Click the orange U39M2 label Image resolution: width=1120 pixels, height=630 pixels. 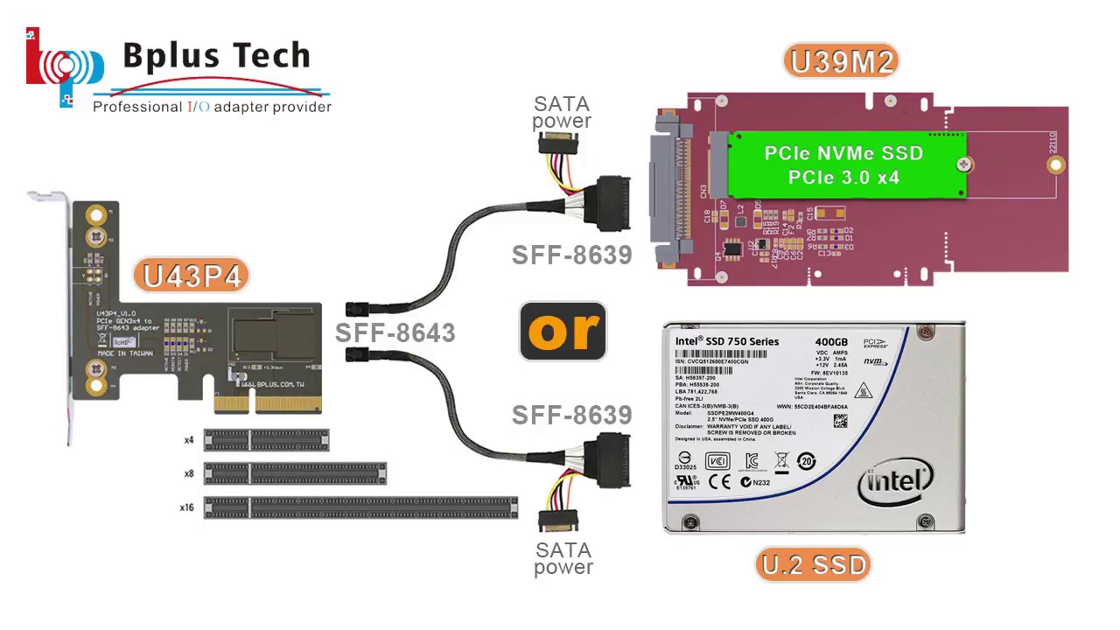841,61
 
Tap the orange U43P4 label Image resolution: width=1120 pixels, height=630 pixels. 192,276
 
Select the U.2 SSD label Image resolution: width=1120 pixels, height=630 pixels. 814,564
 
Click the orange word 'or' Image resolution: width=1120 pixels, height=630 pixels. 563,331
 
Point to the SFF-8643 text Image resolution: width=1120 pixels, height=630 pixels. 395,333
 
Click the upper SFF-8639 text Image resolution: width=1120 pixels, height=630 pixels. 571,255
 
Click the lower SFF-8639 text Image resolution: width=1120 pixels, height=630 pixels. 571,415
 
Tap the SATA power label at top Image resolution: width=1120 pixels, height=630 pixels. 562,113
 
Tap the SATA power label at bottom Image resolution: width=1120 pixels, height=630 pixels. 563,558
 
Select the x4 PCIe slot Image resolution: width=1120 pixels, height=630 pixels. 266,440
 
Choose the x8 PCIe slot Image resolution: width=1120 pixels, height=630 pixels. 295,473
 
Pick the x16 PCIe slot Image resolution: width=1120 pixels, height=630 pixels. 360,507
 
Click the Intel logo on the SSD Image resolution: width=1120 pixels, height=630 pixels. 895,481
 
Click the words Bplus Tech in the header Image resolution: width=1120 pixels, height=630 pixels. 216,56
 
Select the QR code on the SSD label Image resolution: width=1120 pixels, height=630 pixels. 840,421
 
